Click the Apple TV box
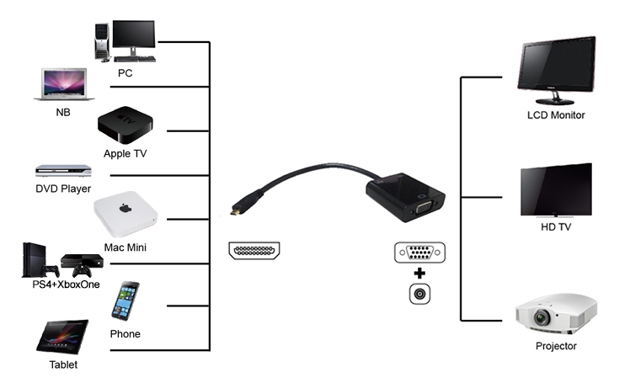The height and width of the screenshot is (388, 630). [x=125, y=125]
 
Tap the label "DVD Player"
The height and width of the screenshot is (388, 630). [x=63, y=189]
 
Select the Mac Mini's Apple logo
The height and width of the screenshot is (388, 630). [x=125, y=208]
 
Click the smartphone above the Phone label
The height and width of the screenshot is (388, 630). [x=125, y=300]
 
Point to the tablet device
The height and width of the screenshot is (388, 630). [x=62, y=337]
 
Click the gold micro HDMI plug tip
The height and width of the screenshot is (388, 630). [x=234, y=211]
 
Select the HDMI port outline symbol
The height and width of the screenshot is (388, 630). [x=254, y=251]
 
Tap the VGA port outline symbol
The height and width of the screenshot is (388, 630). [x=420, y=252]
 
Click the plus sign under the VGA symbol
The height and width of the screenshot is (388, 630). [x=419, y=274]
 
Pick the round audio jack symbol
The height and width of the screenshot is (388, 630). [x=420, y=294]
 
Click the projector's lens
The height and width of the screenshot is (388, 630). [x=542, y=318]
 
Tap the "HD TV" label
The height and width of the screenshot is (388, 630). [x=556, y=227]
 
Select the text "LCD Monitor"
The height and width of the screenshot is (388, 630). [x=556, y=115]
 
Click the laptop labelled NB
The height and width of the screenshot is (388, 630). [x=64, y=84]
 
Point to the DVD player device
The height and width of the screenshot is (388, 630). [x=63, y=171]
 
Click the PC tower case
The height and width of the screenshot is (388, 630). [x=103, y=42]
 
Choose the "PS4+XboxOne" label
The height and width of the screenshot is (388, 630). [x=66, y=284]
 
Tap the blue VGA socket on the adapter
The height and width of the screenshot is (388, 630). [x=424, y=209]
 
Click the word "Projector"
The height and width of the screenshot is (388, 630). [x=556, y=346]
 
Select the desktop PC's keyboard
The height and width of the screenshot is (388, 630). [x=135, y=59]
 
